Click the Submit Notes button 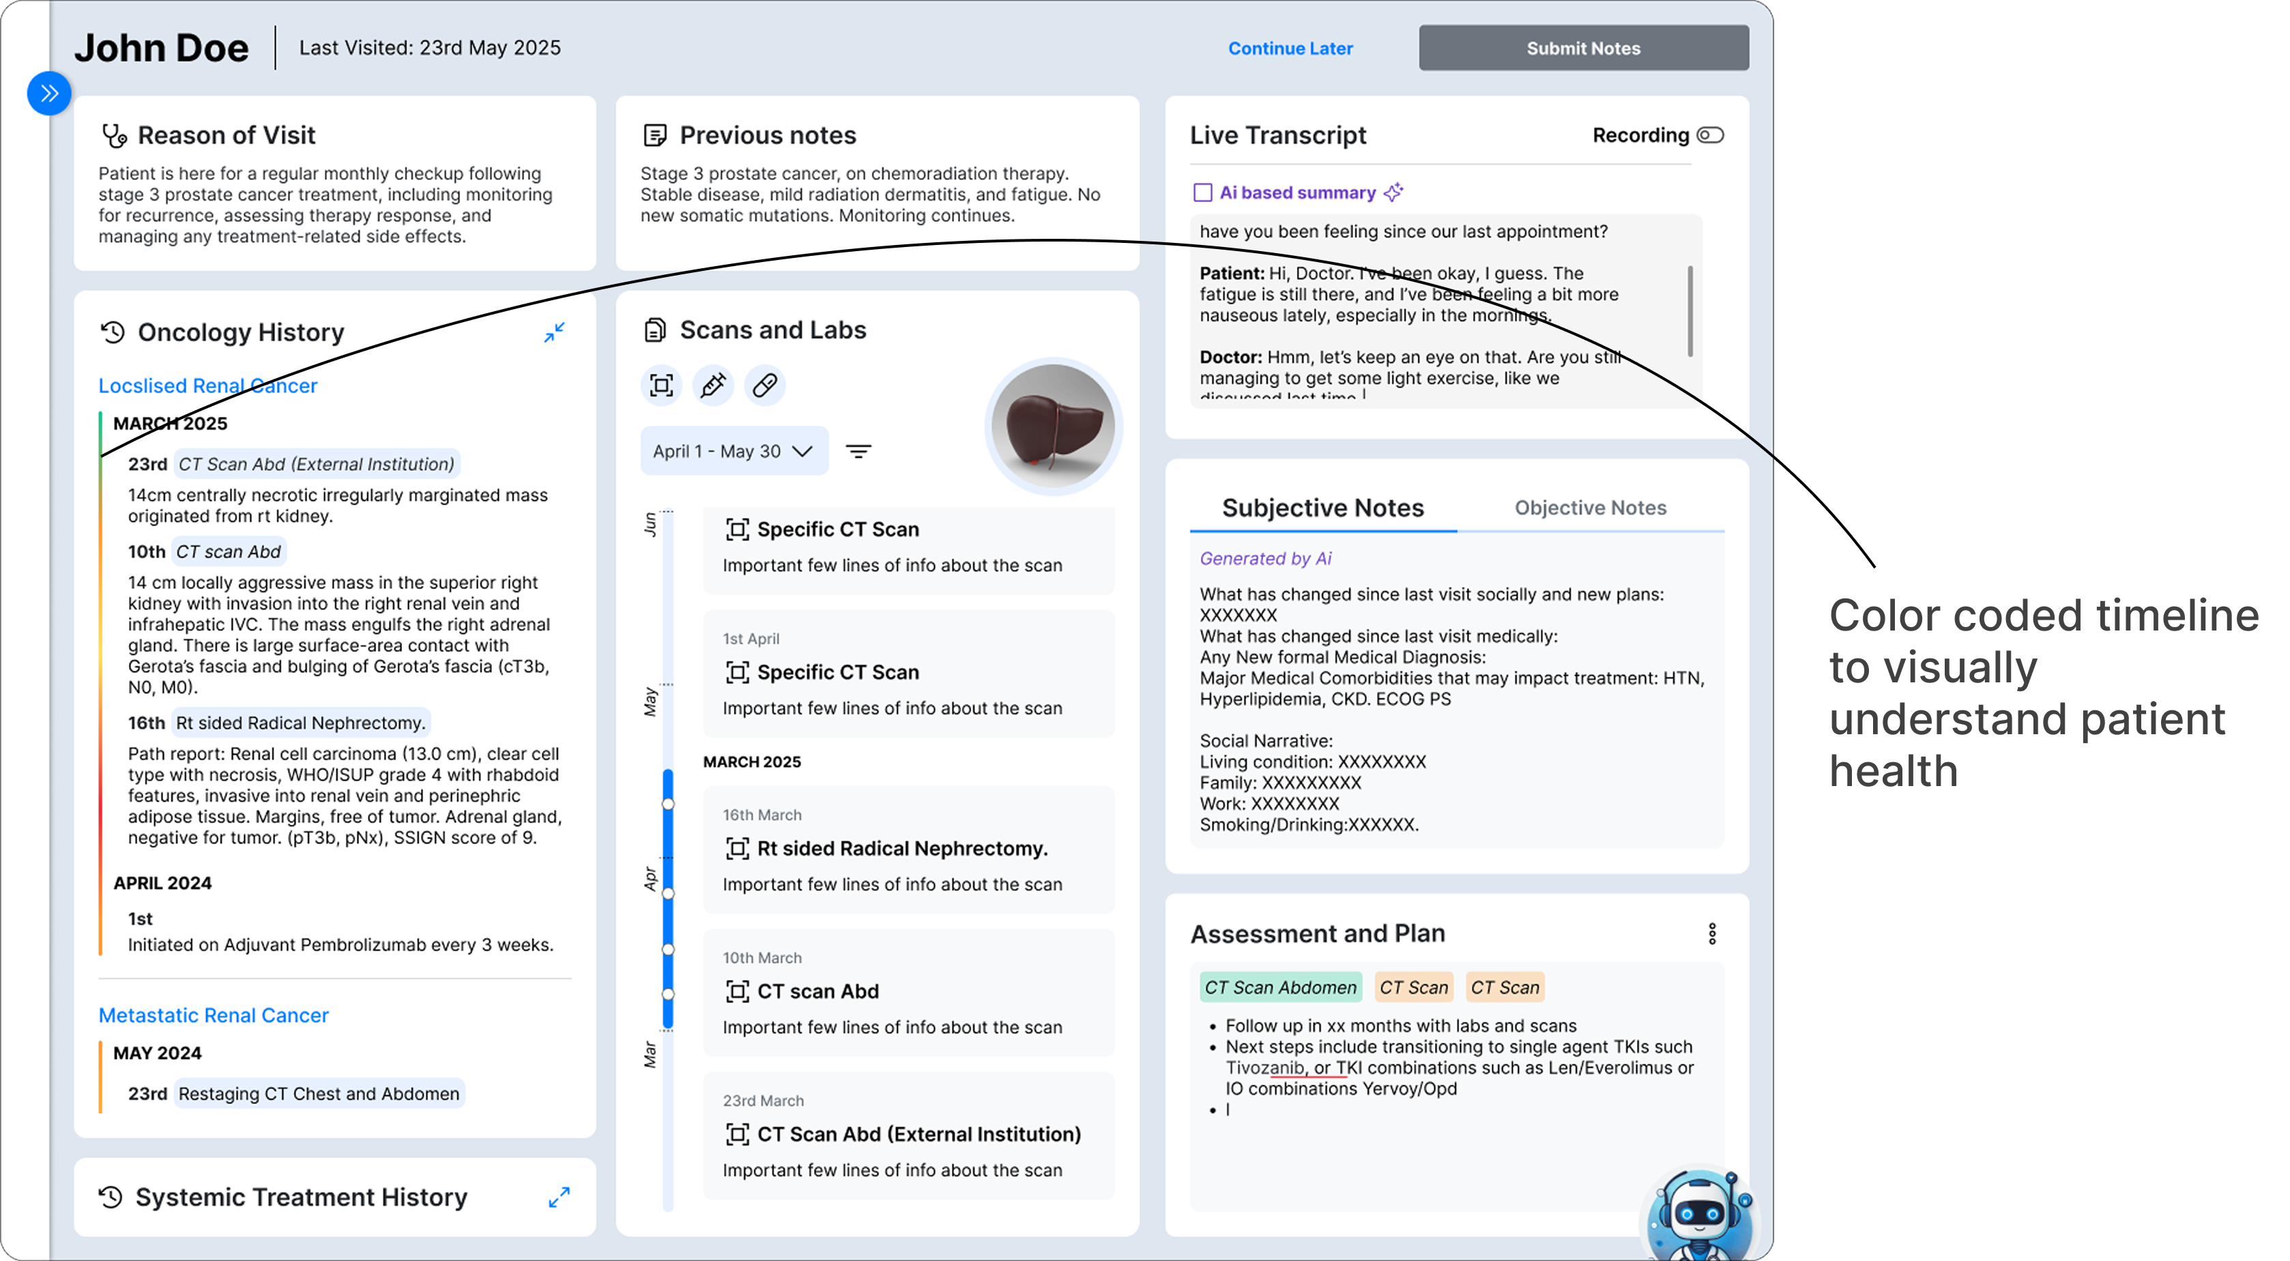(x=1583, y=48)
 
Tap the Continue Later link (x=1290, y=48)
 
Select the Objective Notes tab (x=1591, y=508)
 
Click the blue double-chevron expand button (x=49, y=93)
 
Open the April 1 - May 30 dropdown (x=734, y=451)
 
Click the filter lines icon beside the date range (x=858, y=451)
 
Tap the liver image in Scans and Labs (x=1054, y=426)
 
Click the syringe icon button (x=713, y=385)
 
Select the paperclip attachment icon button (x=764, y=385)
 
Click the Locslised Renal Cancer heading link (x=208, y=385)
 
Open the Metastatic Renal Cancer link (x=214, y=1015)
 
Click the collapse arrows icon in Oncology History (x=555, y=332)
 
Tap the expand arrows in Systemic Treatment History (x=559, y=1197)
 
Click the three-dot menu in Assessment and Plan (x=1712, y=933)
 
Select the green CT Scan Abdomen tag (x=1280, y=987)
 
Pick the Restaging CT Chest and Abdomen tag (x=319, y=1093)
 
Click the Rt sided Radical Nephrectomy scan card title (x=902, y=848)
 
